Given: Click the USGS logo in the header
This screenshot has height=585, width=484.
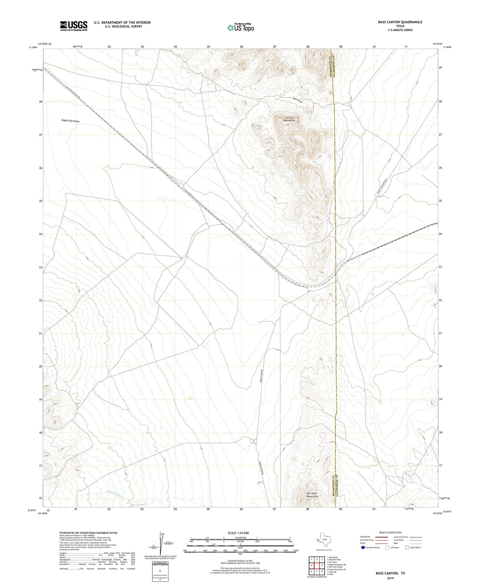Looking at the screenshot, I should [x=74, y=26].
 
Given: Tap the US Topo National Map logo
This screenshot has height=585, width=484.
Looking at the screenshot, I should [x=240, y=28].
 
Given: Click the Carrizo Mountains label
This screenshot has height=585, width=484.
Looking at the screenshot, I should [x=290, y=119].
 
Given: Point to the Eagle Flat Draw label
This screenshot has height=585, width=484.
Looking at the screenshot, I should [x=70, y=121].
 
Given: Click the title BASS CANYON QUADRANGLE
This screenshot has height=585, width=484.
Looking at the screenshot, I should [x=400, y=22].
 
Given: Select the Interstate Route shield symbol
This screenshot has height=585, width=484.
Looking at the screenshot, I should [x=363, y=548].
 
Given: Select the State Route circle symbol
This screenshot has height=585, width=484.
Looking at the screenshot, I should [x=407, y=548].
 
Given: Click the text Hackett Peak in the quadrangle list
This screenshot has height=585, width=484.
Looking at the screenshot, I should [x=336, y=560].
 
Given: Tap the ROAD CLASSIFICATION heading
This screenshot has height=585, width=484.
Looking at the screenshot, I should [x=390, y=533].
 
